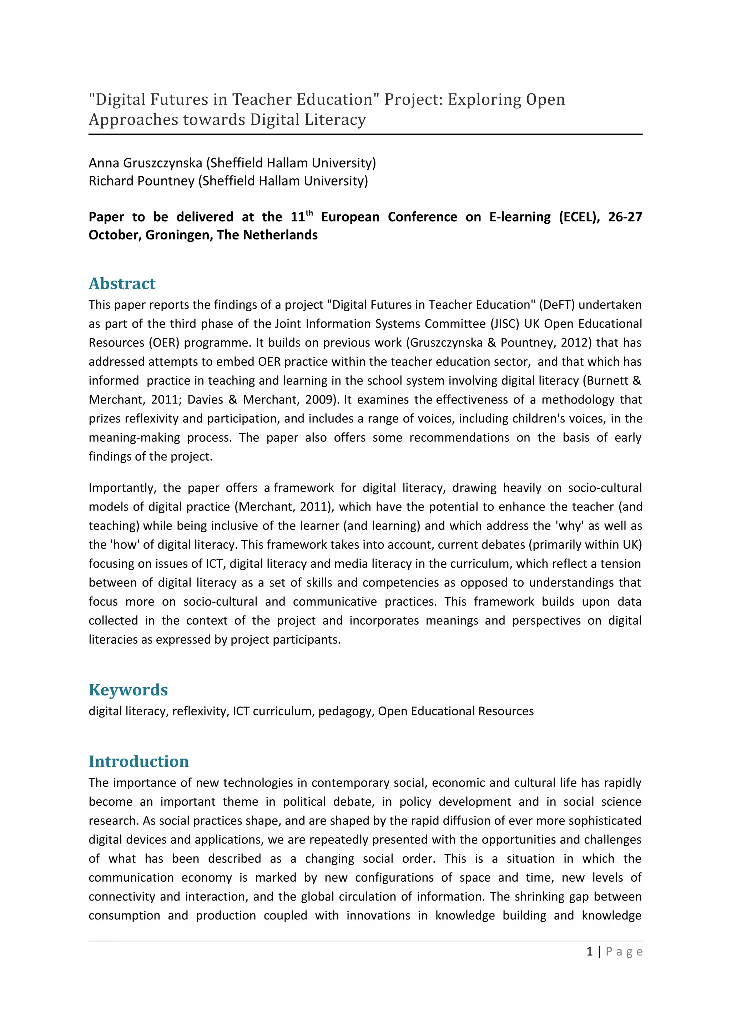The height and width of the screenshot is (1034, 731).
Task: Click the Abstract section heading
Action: point(122,284)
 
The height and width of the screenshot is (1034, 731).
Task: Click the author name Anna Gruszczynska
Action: point(145,163)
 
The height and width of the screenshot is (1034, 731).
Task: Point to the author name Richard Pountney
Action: point(141,181)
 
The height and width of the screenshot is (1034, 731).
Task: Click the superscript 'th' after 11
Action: point(309,213)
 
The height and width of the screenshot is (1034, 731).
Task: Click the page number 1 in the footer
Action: point(589,952)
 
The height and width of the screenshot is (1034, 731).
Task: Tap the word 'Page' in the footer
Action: point(624,952)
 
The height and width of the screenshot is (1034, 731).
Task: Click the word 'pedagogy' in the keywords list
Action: point(346,711)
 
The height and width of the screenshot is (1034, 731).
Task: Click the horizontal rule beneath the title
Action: point(365,134)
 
